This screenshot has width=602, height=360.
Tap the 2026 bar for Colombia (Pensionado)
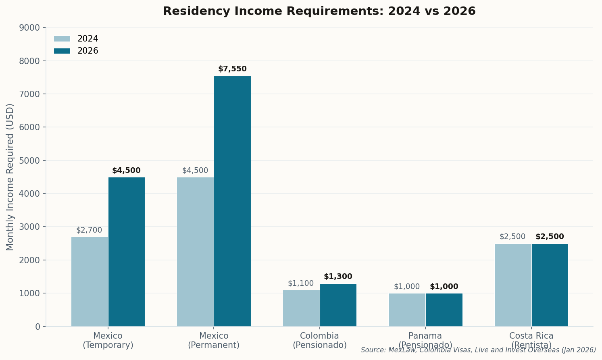tap(338, 305)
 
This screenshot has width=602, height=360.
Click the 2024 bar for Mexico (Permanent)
tap(195, 252)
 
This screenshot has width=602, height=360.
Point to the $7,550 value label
tap(232, 69)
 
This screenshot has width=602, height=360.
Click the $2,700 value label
tap(89, 230)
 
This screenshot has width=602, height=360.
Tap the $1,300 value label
tap(338, 277)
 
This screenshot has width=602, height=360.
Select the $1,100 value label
tap(301, 283)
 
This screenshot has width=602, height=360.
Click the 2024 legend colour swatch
tap(62, 39)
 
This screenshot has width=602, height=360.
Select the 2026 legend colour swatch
tap(62, 51)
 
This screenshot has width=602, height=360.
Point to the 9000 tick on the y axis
tap(29, 28)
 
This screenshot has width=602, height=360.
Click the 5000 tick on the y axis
tap(29, 160)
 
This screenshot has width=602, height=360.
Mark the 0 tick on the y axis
tap(37, 327)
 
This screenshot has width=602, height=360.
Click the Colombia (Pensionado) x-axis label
tap(319, 340)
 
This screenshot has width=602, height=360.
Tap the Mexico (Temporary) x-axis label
tap(108, 340)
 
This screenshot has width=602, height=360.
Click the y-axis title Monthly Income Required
tap(10, 177)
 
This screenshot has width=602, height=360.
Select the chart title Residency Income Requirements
tap(319, 11)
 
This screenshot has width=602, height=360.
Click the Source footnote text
tap(478, 350)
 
